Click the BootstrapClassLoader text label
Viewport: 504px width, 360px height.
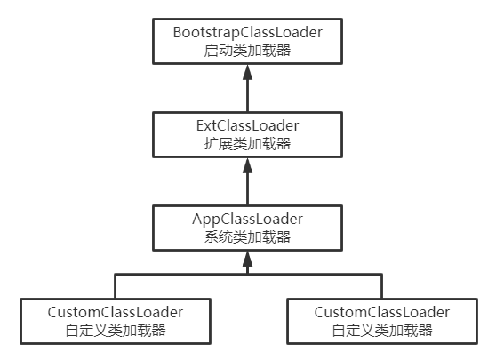[247, 32]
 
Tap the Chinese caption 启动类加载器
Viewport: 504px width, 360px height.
[247, 51]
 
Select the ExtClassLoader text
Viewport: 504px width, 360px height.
[247, 124]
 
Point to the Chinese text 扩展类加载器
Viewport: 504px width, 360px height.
[247, 143]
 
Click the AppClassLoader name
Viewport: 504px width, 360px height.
[247, 218]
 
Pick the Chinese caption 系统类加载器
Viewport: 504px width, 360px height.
[247, 236]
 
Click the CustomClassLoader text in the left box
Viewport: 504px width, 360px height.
[116, 312]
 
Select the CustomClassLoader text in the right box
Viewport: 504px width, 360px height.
[382, 312]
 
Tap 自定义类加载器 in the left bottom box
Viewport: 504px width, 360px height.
[116, 331]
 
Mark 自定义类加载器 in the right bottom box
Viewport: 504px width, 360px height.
[382, 331]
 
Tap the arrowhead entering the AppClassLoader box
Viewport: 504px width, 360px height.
[248, 258]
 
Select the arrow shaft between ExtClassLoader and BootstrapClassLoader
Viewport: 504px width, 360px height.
[248, 93]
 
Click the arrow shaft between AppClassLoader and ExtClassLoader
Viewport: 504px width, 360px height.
[248, 187]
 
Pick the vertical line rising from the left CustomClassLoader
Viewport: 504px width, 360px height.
[116, 286]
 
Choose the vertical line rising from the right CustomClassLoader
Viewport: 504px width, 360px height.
[382, 286]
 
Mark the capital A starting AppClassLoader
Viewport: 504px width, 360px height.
[198, 218]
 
